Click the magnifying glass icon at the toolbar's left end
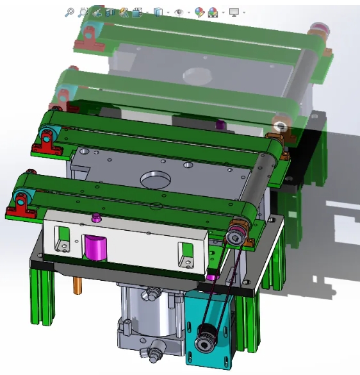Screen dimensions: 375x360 click(x=70, y=12)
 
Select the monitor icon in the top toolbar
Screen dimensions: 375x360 click(x=234, y=12)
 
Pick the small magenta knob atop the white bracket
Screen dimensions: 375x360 click(x=96, y=218)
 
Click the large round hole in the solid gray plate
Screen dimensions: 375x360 click(x=156, y=179)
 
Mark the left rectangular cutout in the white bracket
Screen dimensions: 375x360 click(x=62, y=238)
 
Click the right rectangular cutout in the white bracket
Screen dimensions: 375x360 click(x=185, y=254)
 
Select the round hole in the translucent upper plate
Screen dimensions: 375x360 click(x=197, y=75)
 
